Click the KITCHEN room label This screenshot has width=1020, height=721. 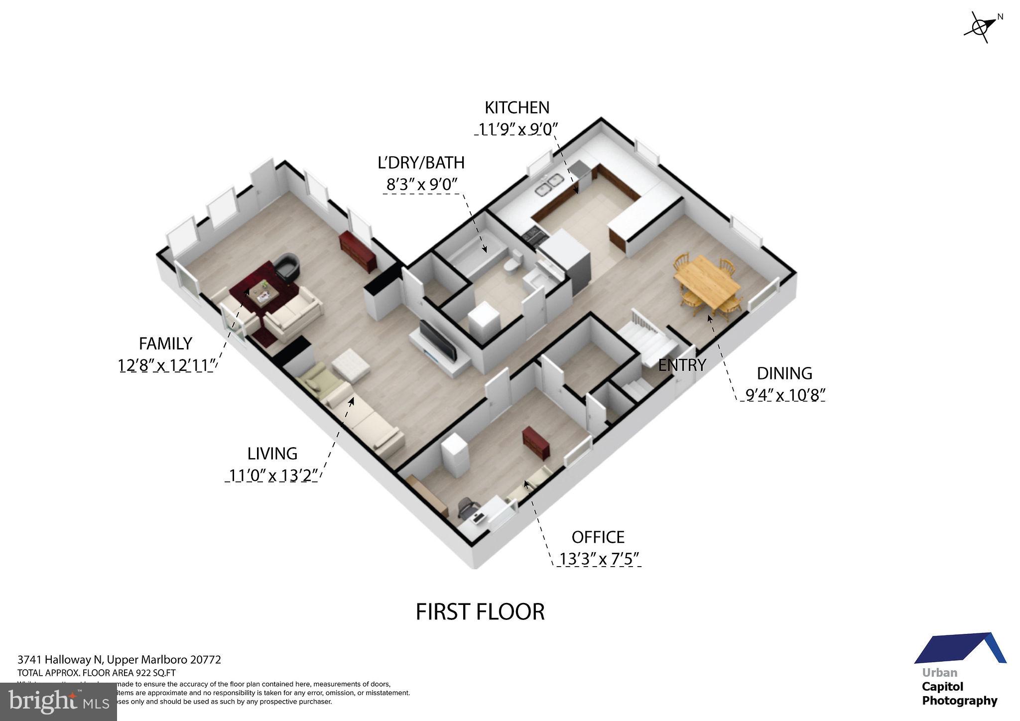tap(517, 108)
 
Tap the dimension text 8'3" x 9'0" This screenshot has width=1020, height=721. tap(422, 185)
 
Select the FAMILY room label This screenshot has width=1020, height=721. tap(165, 344)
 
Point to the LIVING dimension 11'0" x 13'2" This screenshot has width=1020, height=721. tap(273, 476)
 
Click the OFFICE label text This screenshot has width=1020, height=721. tap(598, 537)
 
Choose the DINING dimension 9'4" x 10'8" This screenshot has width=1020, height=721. tap(785, 395)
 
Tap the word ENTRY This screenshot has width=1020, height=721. tap(682, 365)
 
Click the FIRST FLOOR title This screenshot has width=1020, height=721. tap(480, 612)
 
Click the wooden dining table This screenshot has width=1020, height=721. tap(706, 282)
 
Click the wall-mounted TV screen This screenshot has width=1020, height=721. tap(438, 341)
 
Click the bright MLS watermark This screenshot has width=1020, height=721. tap(59, 702)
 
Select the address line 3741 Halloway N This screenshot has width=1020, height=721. tap(119, 660)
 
